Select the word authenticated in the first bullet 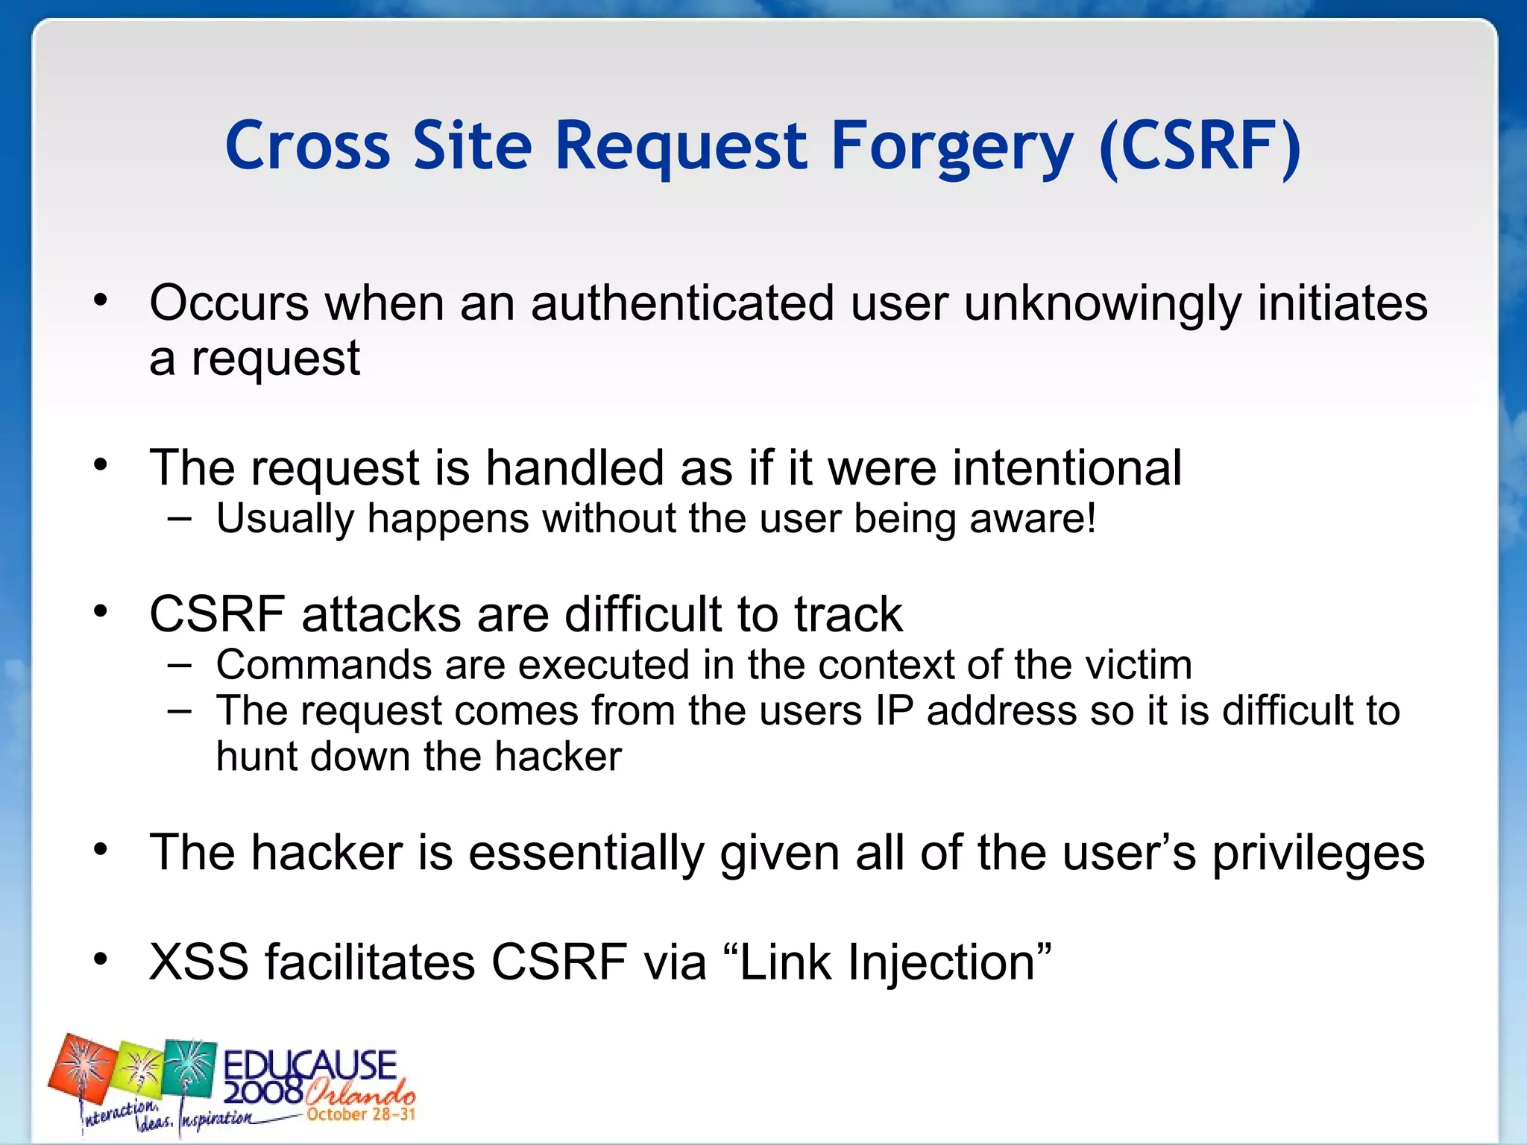(x=682, y=303)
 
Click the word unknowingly (x=1103, y=303)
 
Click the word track (x=848, y=614)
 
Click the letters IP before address (x=894, y=710)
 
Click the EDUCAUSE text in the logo (x=310, y=1065)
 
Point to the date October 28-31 (x=361, y=1115)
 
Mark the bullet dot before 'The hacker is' (x=101, y=849)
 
